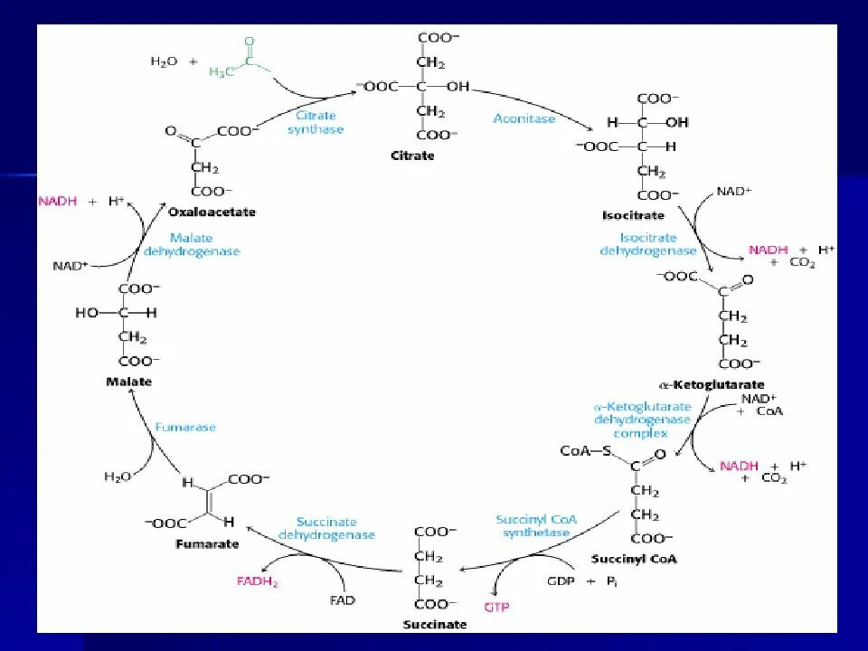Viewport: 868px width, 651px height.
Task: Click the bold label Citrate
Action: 412,156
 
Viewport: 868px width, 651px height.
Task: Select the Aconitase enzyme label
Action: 524,118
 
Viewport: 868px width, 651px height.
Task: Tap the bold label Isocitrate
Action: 633,215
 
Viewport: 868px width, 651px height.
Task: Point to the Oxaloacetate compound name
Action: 212,212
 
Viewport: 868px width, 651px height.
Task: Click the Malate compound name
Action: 129,382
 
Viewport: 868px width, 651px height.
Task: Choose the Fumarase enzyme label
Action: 185,427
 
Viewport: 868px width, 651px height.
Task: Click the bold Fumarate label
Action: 208,544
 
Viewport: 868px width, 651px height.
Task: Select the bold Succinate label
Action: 436,624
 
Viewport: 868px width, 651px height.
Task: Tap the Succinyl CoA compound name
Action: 633,559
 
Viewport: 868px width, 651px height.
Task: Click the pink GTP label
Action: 496,607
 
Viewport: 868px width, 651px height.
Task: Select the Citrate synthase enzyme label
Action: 316,122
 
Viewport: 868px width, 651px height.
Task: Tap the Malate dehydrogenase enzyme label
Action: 192,245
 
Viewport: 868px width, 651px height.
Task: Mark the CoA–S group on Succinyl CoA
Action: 585,450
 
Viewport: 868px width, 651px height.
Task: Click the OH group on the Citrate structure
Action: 458,87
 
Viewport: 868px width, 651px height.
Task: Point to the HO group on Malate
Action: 87,312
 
